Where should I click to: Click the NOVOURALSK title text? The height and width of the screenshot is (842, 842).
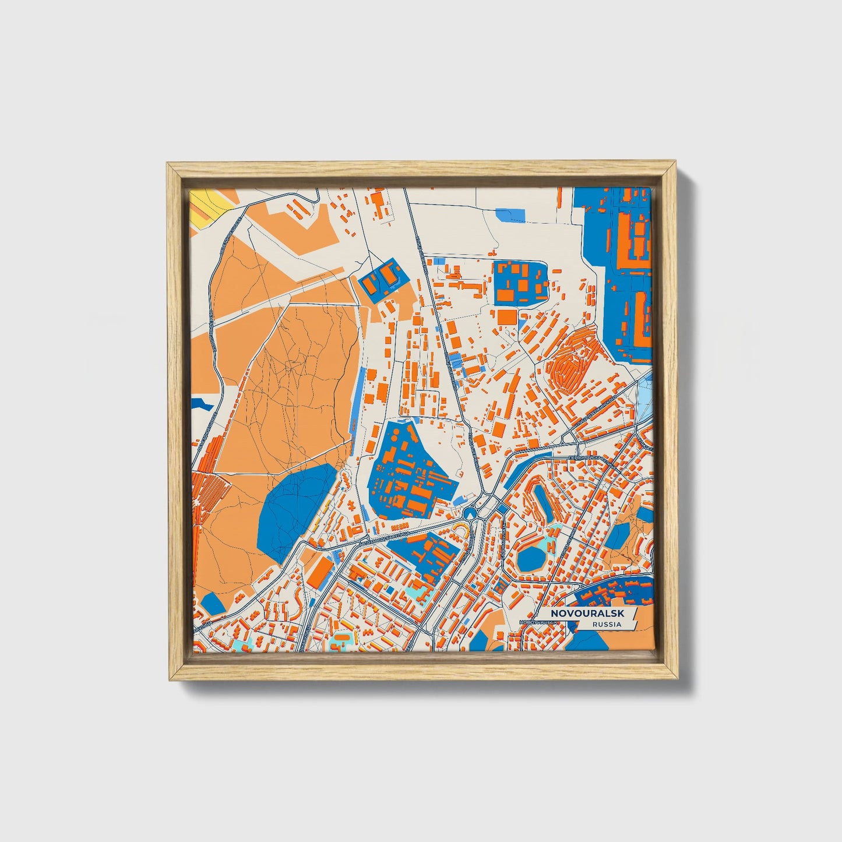587,614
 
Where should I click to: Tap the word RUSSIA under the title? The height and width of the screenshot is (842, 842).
606,625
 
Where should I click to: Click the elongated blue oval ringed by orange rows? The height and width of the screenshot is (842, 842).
542,502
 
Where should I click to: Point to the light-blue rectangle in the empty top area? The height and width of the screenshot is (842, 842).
510,216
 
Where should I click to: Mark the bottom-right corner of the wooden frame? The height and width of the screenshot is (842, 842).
678,679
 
